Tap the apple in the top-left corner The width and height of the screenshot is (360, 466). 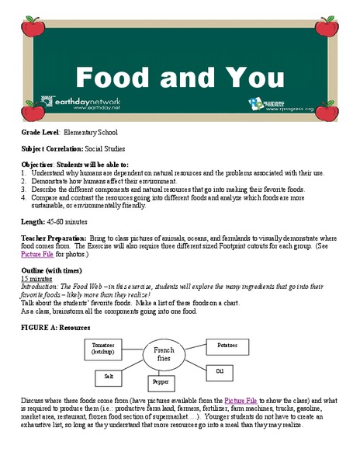coord(32,28)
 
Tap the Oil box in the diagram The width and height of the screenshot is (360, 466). coord(219,371)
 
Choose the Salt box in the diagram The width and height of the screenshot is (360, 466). coord(108,376)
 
